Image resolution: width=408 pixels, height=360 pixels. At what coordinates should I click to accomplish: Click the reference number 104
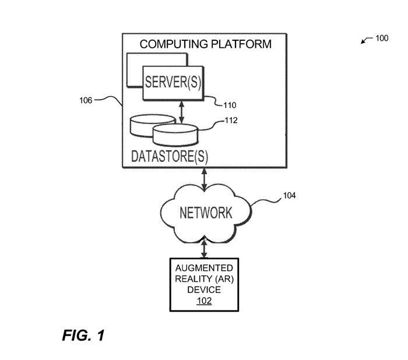click(x=289, y=195)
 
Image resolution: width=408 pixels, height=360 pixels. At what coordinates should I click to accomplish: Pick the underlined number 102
click(x=203, y=301)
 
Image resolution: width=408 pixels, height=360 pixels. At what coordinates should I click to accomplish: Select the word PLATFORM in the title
click(x=241, y=44)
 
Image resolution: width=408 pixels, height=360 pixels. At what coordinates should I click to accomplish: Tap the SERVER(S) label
click(x=173, y=82)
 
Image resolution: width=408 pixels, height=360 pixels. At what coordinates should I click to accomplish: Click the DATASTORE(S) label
click(x=170, y=157)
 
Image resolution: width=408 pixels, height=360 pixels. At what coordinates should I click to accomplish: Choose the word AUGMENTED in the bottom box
click(x=203, y=267)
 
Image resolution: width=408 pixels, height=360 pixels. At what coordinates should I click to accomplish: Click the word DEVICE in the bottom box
click(x=203, y=290)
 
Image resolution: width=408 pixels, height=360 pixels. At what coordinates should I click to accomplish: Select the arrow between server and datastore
click(x=182, y=111)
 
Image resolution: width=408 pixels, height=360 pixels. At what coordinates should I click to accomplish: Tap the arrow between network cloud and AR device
click(x=203, y=249)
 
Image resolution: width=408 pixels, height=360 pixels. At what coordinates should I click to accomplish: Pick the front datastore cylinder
click(x=174, y=135)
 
